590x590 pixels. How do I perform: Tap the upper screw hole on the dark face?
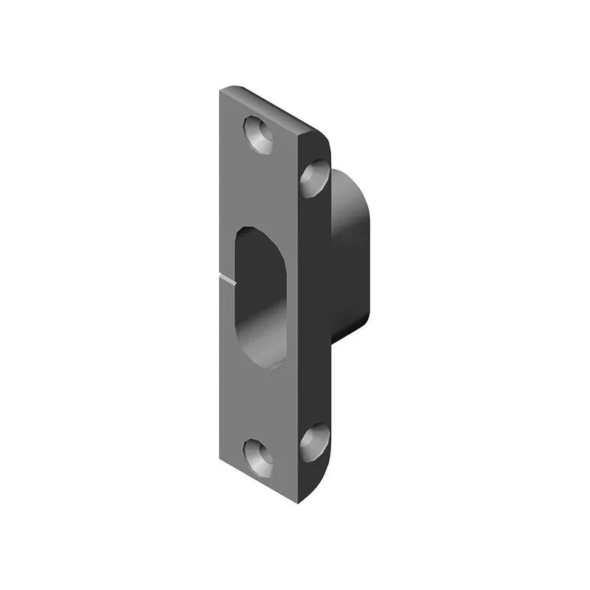(316, 178)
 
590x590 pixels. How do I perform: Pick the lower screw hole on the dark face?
(316, 443)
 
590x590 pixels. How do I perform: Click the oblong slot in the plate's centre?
(260, 295)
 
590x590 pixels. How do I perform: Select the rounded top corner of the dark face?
(323, 140)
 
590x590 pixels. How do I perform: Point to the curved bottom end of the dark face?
(324, 472)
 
